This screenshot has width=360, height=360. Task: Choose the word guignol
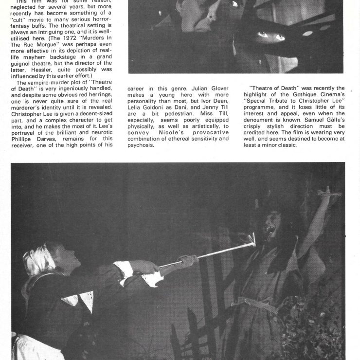pos(26,63)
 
